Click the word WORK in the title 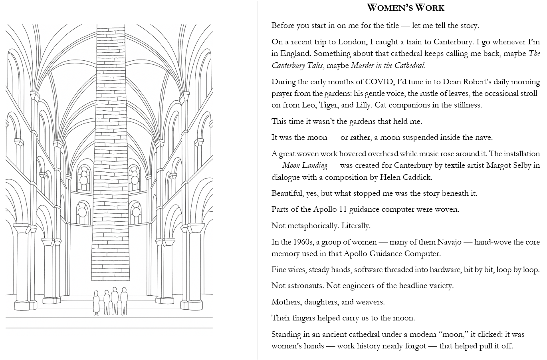click(430, 8)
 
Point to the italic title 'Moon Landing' click(305, 165)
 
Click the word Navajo click(451, 242)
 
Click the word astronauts click(305, 286)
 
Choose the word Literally click(356, 226)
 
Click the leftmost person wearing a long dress click(96, 303)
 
